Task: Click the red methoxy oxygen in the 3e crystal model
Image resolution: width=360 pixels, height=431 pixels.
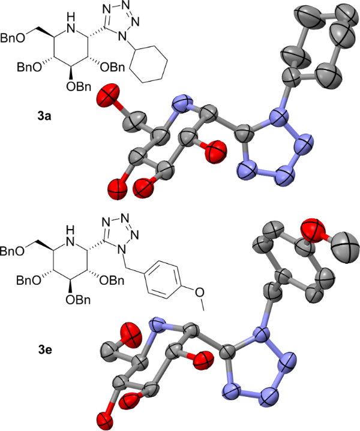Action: [316, 232]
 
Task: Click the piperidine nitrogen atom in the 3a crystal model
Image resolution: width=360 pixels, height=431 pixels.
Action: [179, 108]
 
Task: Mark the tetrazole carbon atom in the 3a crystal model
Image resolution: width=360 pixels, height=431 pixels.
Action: [238, 130]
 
